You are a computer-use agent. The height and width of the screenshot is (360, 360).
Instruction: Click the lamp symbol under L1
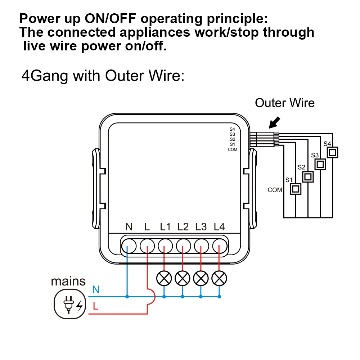pos(164,278)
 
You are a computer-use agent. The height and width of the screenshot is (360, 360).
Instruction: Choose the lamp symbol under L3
pos(201,278)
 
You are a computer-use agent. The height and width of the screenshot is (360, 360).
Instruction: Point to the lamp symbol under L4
pos(219,278)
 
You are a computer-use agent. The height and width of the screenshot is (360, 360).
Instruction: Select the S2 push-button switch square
pos(308,177)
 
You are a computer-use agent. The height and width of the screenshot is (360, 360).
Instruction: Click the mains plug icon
pos(70,304)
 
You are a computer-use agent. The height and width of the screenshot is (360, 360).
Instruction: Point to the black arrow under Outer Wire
pos(275,123)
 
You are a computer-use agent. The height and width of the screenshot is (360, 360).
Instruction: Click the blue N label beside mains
pos(96,289)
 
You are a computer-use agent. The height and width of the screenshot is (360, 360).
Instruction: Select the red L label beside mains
pos(95,307)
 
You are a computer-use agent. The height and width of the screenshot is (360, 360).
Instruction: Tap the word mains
pos(68,281)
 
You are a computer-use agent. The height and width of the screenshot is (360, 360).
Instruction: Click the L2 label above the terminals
pos(183,227)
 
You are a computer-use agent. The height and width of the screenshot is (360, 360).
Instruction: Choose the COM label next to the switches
pos(275,190)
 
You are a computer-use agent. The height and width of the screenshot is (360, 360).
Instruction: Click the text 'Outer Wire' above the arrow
pos(284,103)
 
